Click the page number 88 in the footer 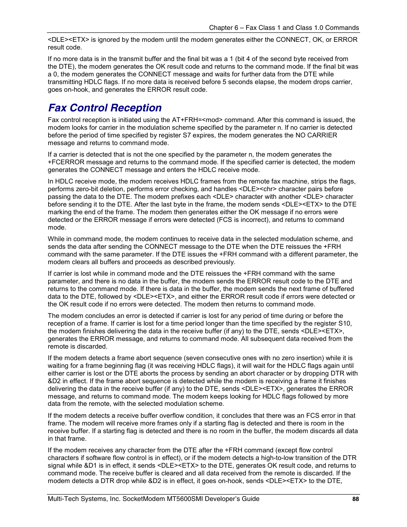355,499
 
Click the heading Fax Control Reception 105,108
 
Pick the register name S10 345,323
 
